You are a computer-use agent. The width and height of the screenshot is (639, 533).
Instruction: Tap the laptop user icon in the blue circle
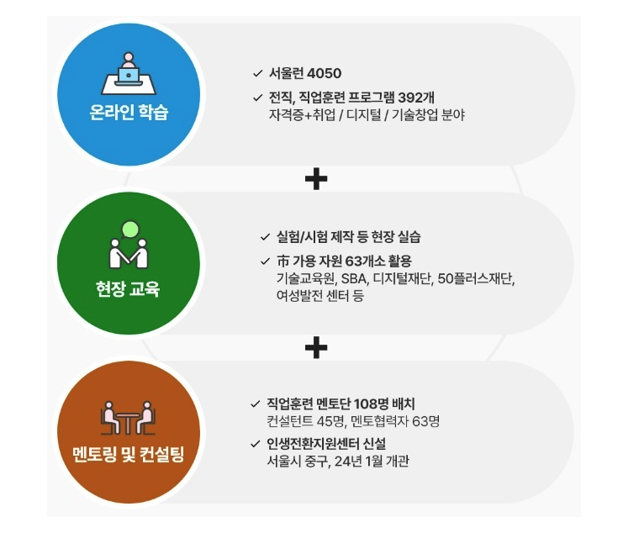[129, 75]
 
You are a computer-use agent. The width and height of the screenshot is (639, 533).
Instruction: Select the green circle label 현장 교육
[129, 291]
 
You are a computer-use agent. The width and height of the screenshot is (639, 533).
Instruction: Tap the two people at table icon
[129, 417]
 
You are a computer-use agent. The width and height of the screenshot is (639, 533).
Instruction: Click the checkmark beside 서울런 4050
[257, 73]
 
